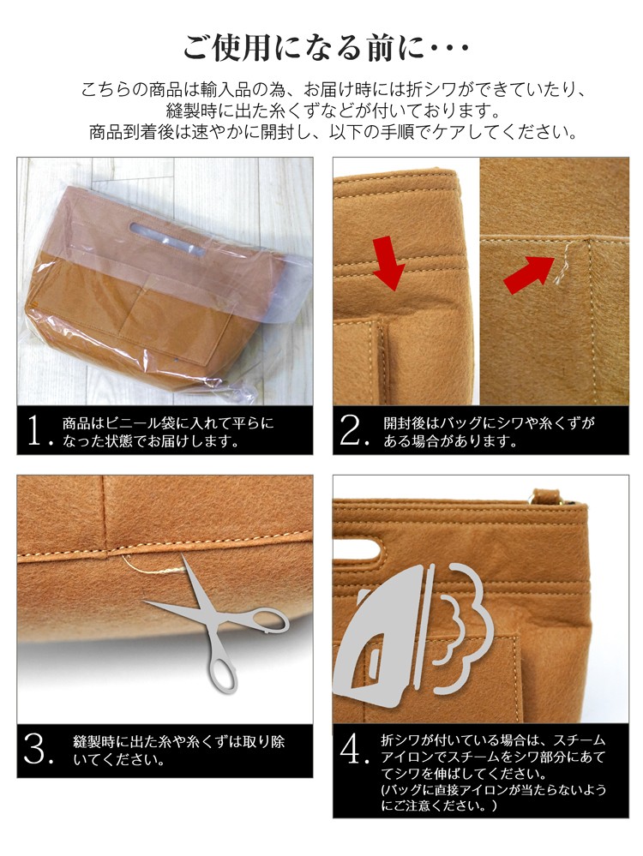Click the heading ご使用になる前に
[x=303, y=47]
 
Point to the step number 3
[x=36, y=749]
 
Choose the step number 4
[x=352, y=749]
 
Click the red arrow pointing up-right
[x=529, y=275]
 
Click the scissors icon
[x=219, y=625]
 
